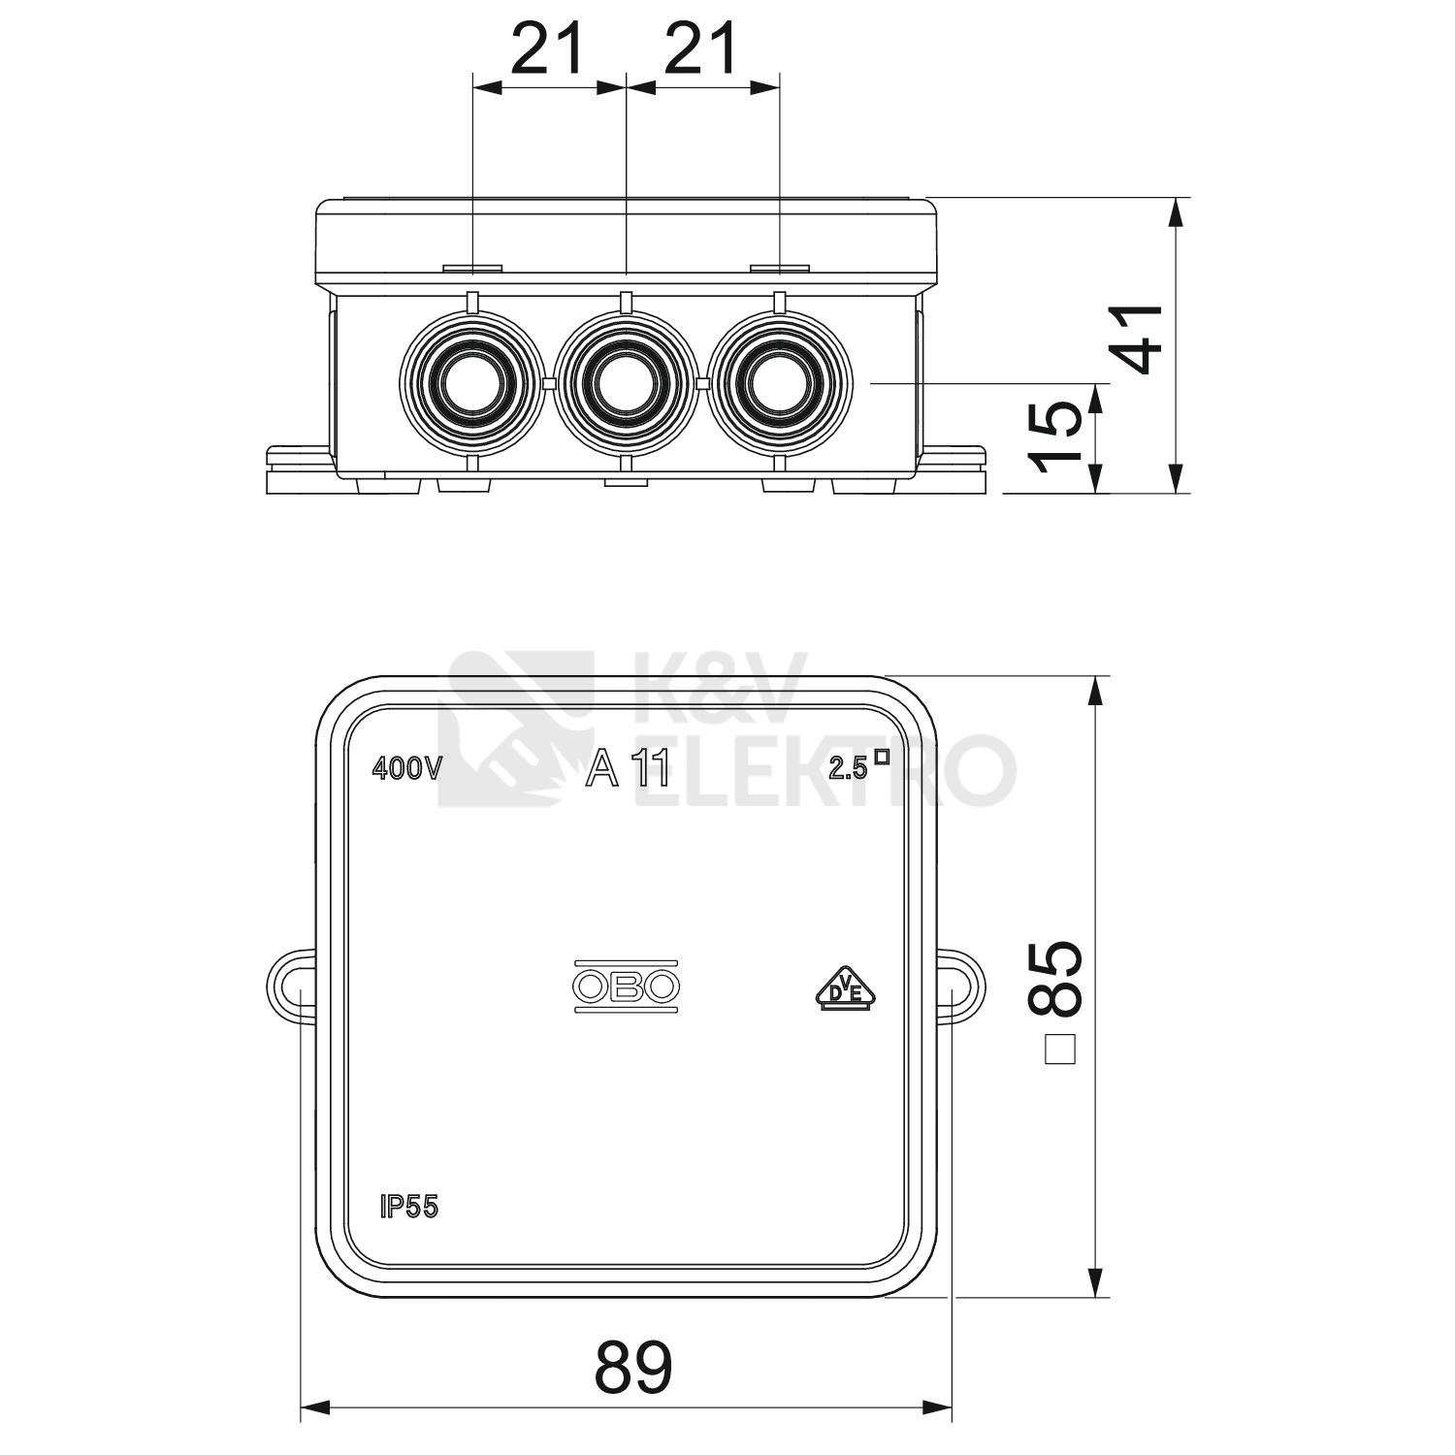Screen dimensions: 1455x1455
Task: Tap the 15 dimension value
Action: point(1055,436)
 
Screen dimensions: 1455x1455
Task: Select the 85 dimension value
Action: point(1055,978)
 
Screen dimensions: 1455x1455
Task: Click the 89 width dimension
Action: point(632,1368)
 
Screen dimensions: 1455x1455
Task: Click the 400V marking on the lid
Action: point(407,769)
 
